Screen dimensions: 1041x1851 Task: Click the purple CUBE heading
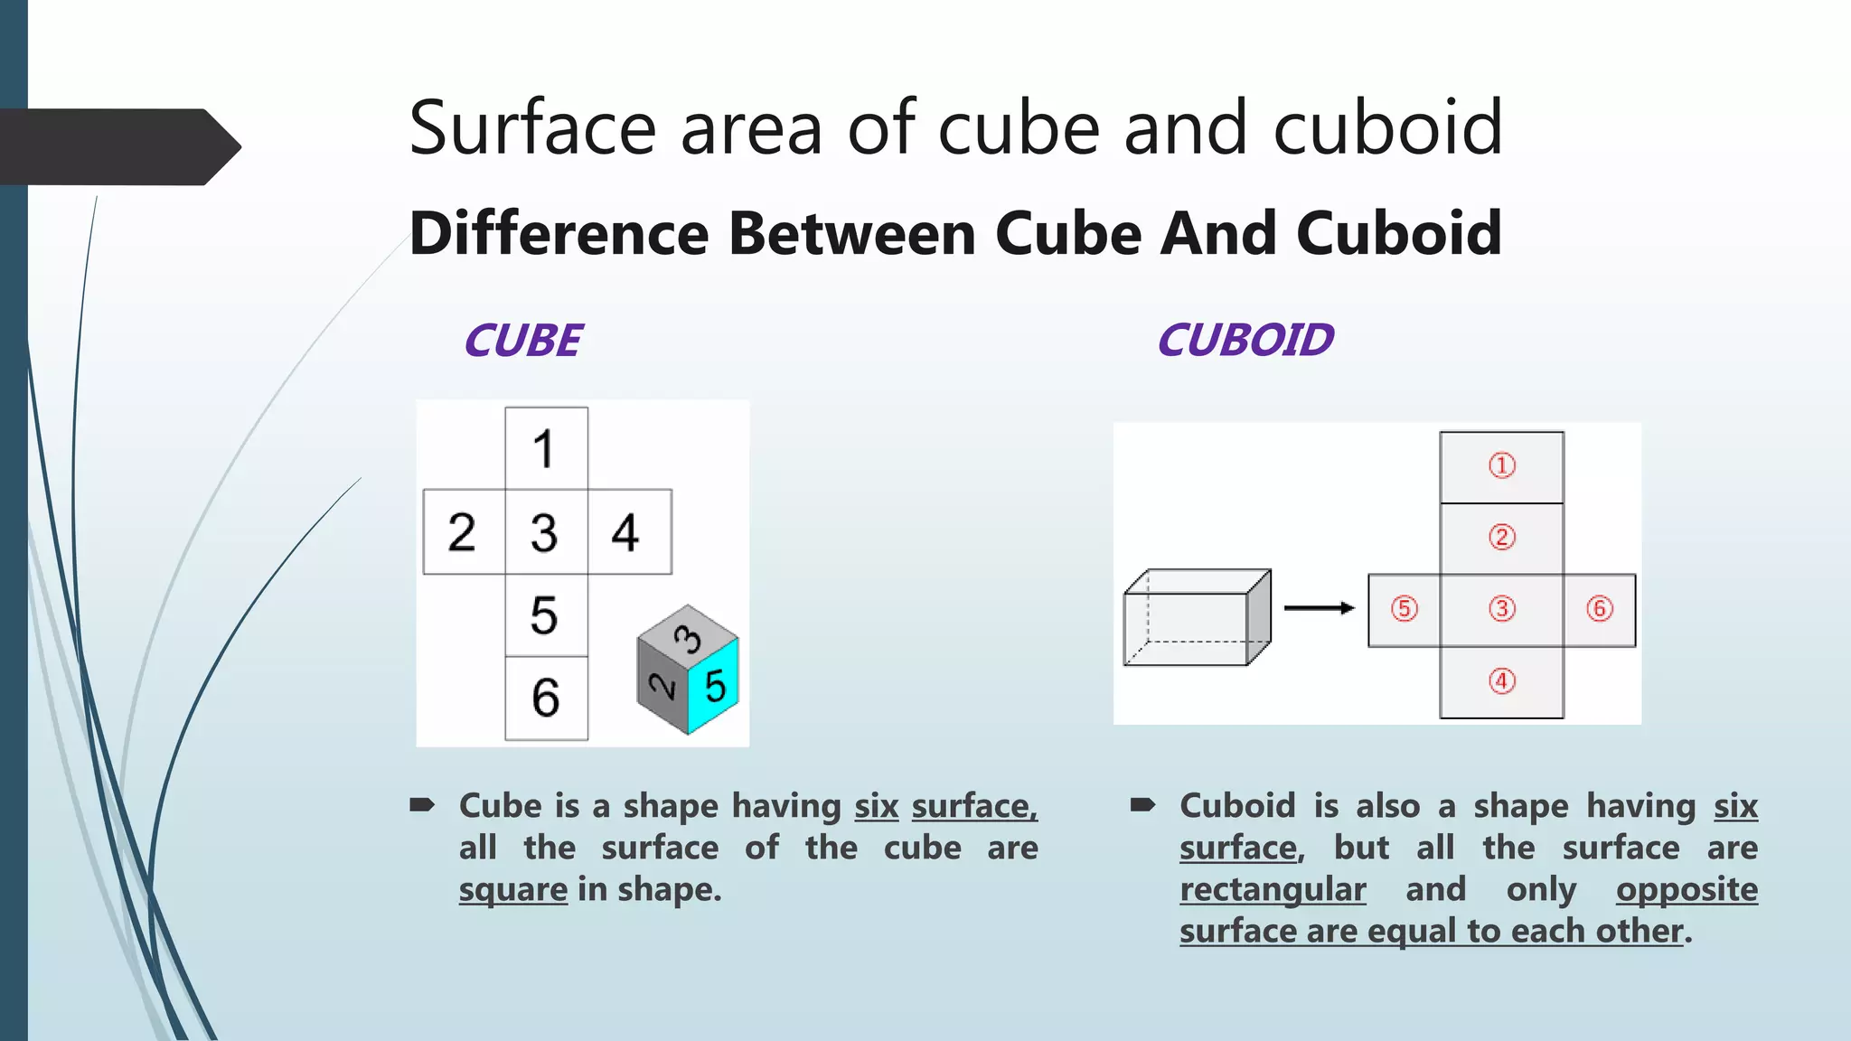(523, 341)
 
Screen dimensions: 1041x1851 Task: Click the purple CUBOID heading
(1245, 341)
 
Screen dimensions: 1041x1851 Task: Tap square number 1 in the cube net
(546, 449)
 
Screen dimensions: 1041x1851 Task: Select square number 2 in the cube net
(463, 532)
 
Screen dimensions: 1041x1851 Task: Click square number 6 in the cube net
(546, 698)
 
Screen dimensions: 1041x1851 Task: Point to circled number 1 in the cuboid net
(1501, 466)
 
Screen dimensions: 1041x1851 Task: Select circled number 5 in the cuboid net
(1404, 609)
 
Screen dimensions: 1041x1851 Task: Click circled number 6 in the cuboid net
(1599, 609)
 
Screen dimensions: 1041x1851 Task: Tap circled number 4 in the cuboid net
(1501, 681)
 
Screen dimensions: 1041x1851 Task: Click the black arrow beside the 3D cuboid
(1319, 608)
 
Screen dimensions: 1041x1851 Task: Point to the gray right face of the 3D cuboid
(1258, 618)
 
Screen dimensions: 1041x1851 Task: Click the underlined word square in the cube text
(512, 890)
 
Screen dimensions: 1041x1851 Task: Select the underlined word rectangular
(1273, 890)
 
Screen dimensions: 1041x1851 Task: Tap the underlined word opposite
(1687, 890)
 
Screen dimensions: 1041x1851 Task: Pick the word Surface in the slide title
(531, 128)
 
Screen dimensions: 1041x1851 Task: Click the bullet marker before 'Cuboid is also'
(1142, 804)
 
